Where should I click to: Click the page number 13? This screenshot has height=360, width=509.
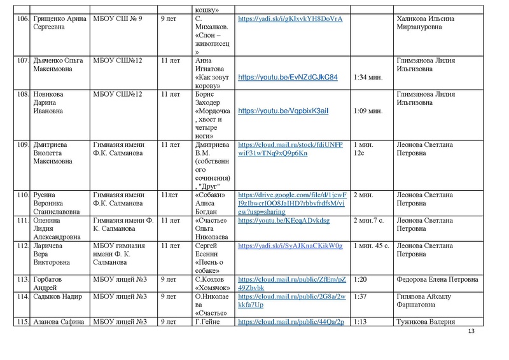(x=471, y=332)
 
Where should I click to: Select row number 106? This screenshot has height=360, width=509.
(x=22, y=19)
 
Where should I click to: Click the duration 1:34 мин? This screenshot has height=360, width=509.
(x=368, y=78)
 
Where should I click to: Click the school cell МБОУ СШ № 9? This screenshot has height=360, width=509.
(x=117, y=19)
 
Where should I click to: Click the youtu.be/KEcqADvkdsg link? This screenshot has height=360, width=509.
(x=276, y=221)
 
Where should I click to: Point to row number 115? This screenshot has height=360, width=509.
(x=22, y=322)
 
